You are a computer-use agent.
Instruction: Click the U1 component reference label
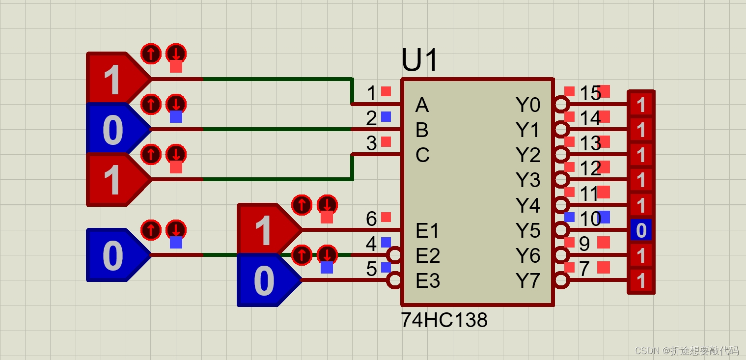click(x=419, y=61)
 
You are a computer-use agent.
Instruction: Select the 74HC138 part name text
click(x=444, y=320)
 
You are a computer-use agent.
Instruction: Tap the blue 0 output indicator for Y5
click(x=641, y=230)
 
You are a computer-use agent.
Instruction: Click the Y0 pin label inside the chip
click(x=528, y=105)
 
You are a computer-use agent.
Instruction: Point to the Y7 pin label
click(x=528, y=281)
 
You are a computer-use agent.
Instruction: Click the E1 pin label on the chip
click(x=427, y=230)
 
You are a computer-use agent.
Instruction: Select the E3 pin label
click(x=427, y=281)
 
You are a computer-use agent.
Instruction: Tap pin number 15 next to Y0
click(x=590, y=93)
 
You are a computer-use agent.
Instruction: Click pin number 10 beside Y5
click(x=590, y=219)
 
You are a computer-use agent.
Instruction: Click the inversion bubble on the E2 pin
click(x=394, y=255)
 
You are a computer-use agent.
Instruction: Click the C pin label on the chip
click(x=422, y=155)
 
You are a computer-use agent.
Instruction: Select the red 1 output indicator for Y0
click(x=641, y=105)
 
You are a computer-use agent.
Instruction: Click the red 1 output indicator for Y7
click(x=641, y=281)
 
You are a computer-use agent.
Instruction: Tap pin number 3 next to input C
click(x=371, y=143)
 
